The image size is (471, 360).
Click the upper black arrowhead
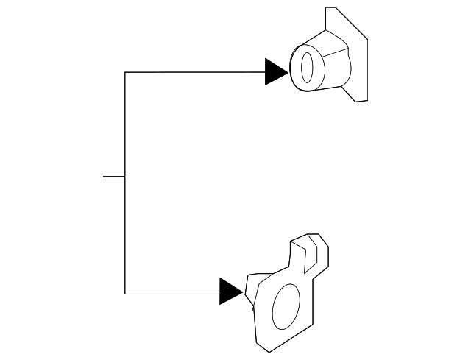coord(275,72)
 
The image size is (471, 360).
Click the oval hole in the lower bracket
coord(287,308)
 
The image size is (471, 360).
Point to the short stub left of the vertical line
coord(114,177)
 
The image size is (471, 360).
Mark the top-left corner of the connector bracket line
coord(125,72)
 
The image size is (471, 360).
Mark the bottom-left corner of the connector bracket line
coord(125,294)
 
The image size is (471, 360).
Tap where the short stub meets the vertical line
coord(125,177)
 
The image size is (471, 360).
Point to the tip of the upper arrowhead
coord(288,72)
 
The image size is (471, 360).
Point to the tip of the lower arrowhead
coord(243,292)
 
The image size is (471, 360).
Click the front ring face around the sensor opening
coord(298,70)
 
